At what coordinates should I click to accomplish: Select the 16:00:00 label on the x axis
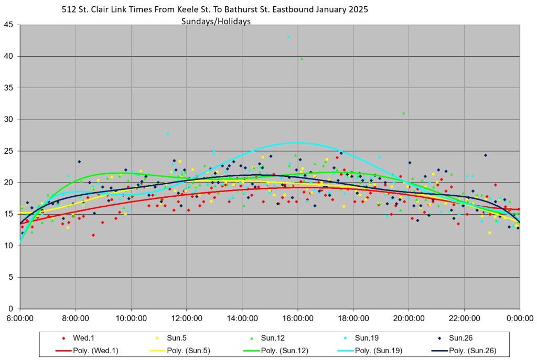[297, 318]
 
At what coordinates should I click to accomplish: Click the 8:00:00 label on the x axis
[76, 318]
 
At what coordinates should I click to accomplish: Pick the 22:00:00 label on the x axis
[464, 318]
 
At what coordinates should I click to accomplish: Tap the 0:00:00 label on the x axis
[520, 318]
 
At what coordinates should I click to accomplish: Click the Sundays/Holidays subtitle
[216, 22]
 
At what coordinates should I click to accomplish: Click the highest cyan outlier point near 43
[288, 37]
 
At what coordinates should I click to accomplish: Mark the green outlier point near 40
[302, 59]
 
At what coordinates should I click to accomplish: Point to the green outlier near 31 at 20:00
[403, 113]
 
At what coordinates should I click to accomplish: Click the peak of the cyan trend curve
[297, 142]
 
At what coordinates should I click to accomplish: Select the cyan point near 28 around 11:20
[168, 134]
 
